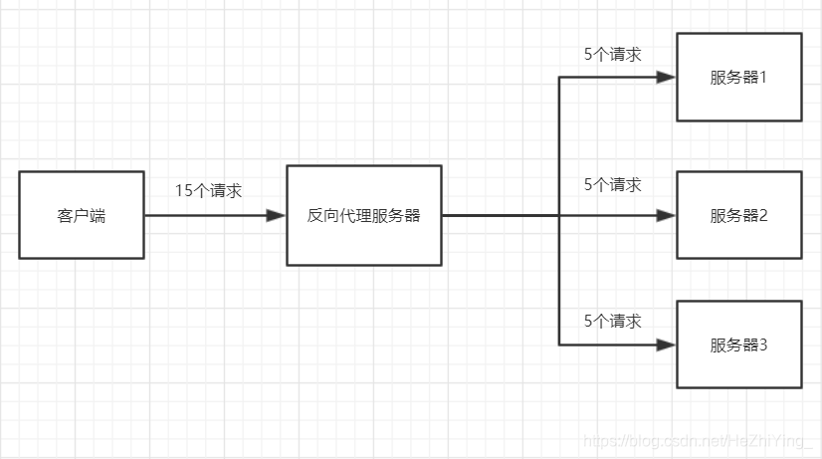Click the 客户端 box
[x=82, y=215]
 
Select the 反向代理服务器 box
[x=364, y=215]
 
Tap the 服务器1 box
[x=738, y=77]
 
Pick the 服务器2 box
[x=738, y=215]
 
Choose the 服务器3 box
[x=738, y=344]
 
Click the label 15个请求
[x=209, y=191]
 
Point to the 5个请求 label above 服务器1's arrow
[x=612, y=54]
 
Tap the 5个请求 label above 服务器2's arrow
[x=612, y=184]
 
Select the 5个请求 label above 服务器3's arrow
[x=612, y=321]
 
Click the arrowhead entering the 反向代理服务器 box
[x=276, y=215]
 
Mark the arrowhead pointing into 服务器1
[x=666, y=78]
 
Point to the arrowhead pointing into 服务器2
[x=666, y=215]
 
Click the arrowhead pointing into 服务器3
[x=666, y=344]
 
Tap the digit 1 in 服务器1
[x=763, y=78]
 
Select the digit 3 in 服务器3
[x=763, y=345]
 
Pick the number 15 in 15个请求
[x=183, y=191]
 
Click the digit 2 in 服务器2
[x=763, y=216]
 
